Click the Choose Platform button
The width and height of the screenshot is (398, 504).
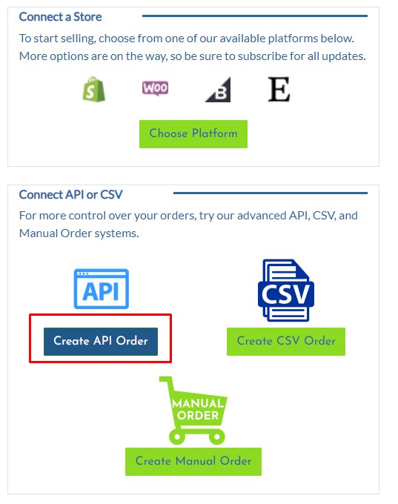point(193,133)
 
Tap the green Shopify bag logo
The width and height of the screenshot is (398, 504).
point(93,90)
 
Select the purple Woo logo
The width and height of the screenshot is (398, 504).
point(156,88)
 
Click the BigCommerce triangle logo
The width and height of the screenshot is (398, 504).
point(219,90)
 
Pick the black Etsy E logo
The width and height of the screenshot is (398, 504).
point(279,89)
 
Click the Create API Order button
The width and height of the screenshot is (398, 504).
point(101,342)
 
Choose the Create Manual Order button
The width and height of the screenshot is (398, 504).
point(193,461)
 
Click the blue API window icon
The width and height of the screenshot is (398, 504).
point(102,288)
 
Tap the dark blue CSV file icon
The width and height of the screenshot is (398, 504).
point(286,291)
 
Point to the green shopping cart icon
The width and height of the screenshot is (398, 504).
point(194,411)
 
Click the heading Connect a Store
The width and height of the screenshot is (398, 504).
point(61,17)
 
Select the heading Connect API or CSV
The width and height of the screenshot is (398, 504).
point(70,194)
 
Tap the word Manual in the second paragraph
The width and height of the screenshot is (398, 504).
point(39,233)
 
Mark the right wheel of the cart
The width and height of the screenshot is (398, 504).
point(217,437)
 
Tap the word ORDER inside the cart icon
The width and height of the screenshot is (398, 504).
point(198,416)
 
